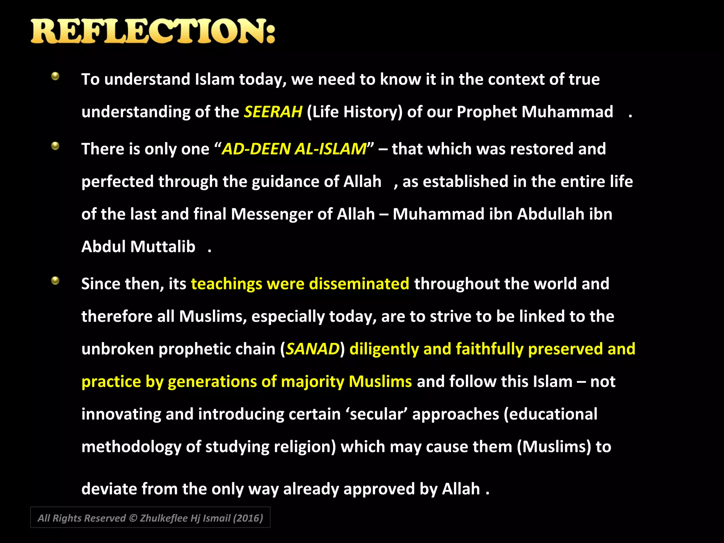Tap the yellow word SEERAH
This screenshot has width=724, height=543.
pyautogui.click(x=273, y=112)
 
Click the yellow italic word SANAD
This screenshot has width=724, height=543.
pyautogui.click(x=313, y=349)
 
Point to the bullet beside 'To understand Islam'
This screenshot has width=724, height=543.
pyautogui.click(x=55, y=76)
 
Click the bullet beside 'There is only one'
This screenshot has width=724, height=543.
pyautogui.click(x=55, y=146)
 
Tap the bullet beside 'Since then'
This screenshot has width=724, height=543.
pyautogui.click(x=55, y=281)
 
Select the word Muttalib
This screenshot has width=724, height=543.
pyautogui.click(x=163, y=247)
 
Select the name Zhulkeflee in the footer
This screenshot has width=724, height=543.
pyautogui.click(x=164, y=518)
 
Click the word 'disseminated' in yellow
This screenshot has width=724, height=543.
pyautogui.click(x=359, y=284)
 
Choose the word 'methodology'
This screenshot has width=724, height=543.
pyautogui.click(x=131, y=447)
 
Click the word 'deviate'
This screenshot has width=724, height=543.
pyautogui.click(x=109, y=489)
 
